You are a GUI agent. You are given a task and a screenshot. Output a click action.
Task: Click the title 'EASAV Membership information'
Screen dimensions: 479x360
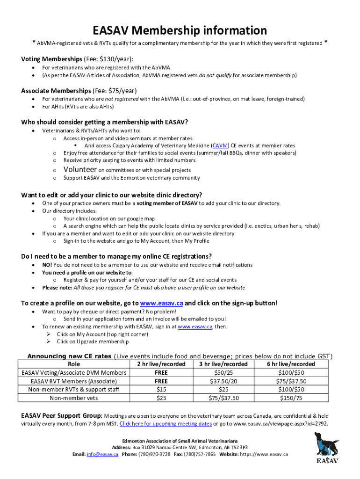click(180, 30)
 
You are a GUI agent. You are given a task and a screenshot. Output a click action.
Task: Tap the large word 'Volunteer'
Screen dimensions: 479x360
click(80, 169)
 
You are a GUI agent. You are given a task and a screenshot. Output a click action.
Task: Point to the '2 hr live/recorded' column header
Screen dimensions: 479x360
click(161, 364)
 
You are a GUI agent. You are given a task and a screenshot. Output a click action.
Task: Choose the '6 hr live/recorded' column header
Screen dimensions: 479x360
click(291, 364)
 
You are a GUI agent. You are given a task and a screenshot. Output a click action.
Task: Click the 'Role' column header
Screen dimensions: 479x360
click(74, 364)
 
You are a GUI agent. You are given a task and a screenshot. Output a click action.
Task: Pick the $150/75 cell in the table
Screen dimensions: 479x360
click(291, 398)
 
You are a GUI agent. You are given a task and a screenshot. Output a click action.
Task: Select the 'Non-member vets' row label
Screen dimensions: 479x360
click(74, 398)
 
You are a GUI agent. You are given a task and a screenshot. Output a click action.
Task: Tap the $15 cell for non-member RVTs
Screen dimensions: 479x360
click(161, 390)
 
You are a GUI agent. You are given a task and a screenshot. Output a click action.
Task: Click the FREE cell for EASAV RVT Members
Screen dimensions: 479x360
click(161, 381)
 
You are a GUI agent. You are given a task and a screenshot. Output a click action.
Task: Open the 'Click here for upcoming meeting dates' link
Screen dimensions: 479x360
click(166, 424)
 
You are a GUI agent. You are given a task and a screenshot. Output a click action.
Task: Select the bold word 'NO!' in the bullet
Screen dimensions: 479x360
click(47, 265)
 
